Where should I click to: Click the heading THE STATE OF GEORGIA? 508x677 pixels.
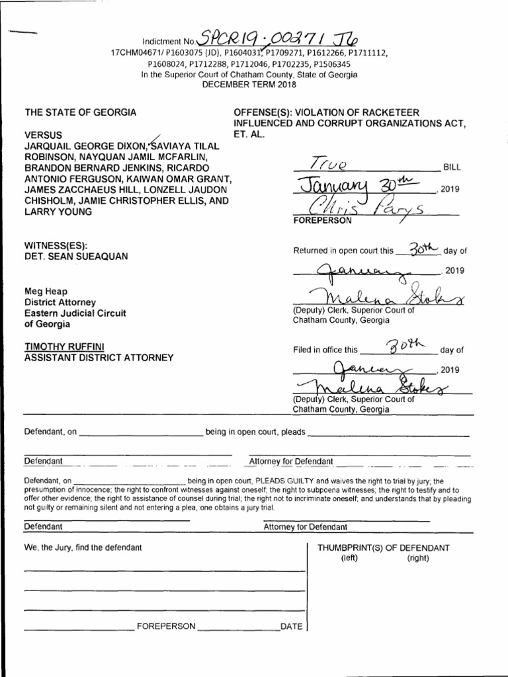pos(81,112)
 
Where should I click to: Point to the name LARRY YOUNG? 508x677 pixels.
pos(58,212)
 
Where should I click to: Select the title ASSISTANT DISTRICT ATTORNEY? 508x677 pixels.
pos(99,358)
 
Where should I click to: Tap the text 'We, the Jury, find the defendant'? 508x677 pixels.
pos(83,547)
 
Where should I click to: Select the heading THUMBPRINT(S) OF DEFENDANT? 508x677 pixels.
pos(383,547)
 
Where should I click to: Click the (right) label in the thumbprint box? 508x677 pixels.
pos(417,558)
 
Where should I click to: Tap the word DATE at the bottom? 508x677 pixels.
pos(291,626)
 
